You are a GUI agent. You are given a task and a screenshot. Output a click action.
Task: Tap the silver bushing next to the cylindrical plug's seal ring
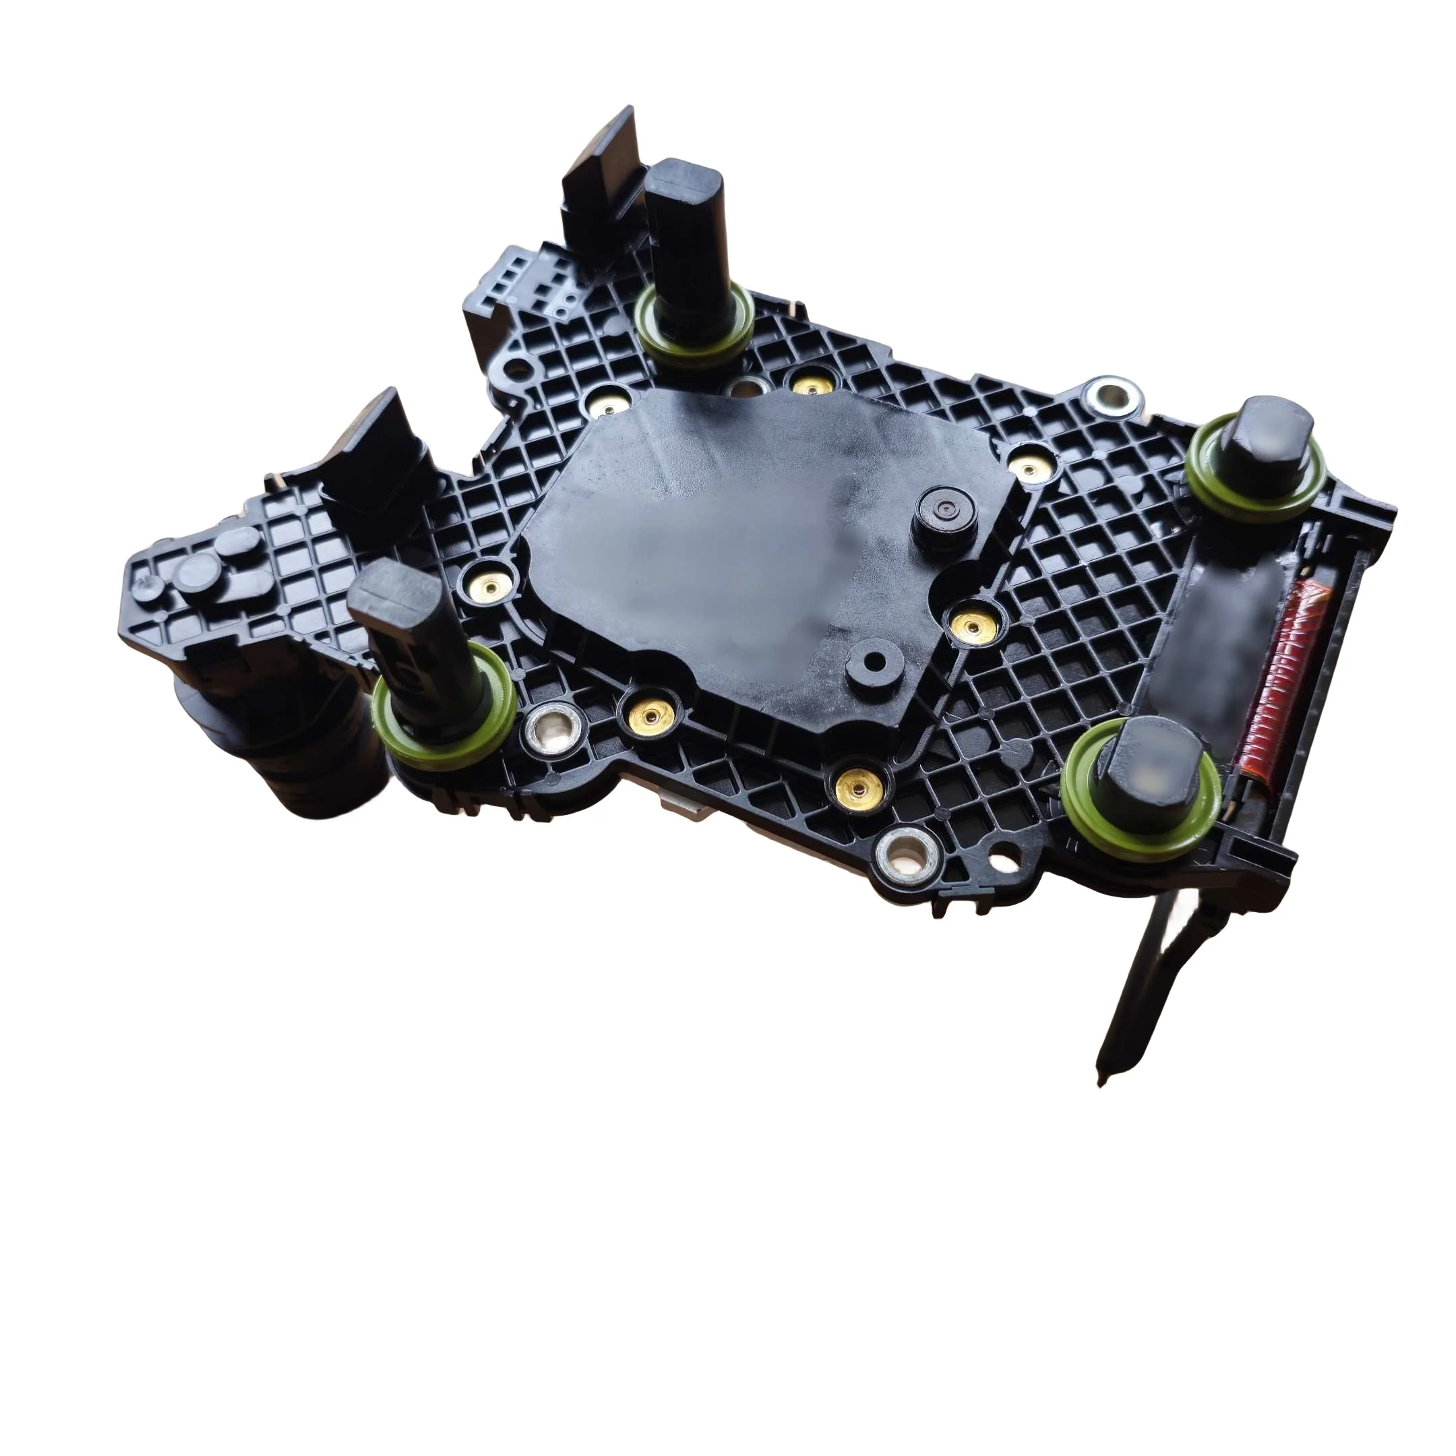pos(556,728)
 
